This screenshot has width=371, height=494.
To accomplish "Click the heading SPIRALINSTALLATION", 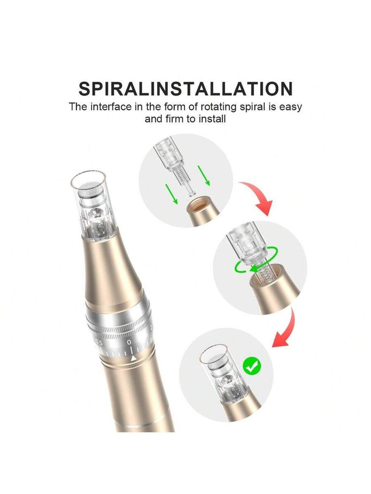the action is point(185,89).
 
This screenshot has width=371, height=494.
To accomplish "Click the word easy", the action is point(290,108).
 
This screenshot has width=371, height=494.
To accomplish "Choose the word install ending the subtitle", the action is point(212,119).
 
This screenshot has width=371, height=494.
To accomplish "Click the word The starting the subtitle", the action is point(78,107).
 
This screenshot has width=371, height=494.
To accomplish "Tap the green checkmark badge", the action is point(252,366).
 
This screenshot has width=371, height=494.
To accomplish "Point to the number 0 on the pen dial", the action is point(129,342).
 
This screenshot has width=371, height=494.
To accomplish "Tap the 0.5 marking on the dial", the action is point(99,343).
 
